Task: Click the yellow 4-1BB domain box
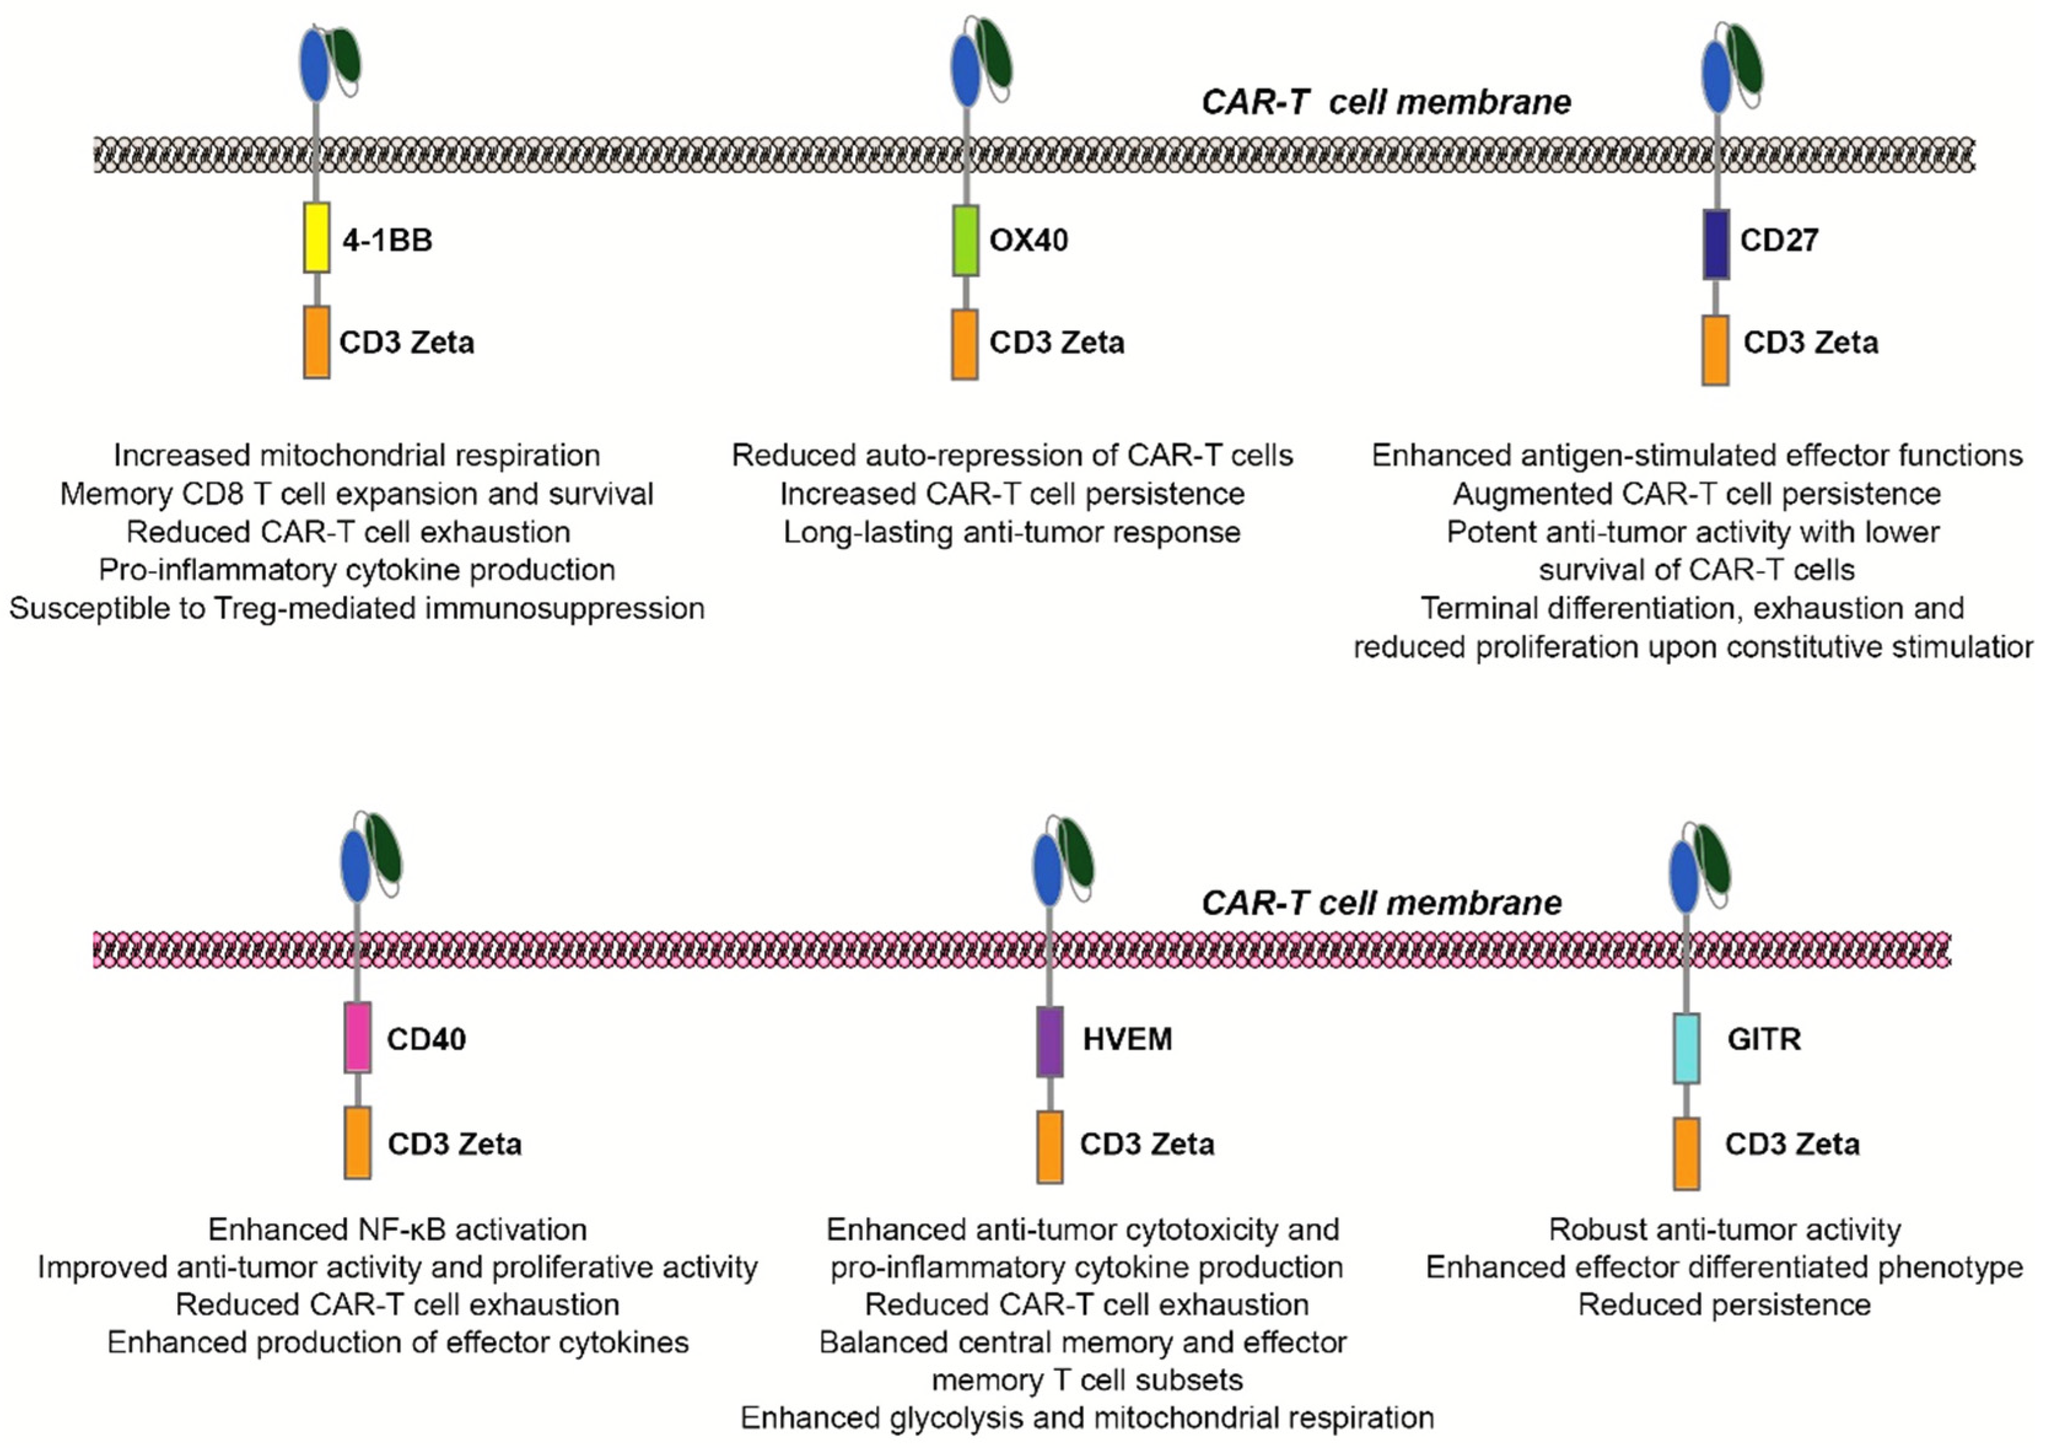click(317, 237)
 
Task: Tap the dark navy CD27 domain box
click(1716, 244)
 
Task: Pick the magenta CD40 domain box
click(358, 1038)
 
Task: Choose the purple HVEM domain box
click(1050, 1042)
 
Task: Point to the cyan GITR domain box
click(1686, 1048)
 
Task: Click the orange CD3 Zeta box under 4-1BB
click(317, 343)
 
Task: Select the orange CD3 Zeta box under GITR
click(1686, 1154)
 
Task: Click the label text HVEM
click(1128, 1040)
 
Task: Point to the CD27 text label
click(1780, 240)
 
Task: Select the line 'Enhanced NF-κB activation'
click(398, 1229)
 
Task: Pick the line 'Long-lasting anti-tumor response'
click(1012, 532)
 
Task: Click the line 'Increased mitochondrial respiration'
click(357, 456)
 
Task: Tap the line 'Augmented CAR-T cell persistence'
click(1697, 494)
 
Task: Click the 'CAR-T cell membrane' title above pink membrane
click(1382, 903)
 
